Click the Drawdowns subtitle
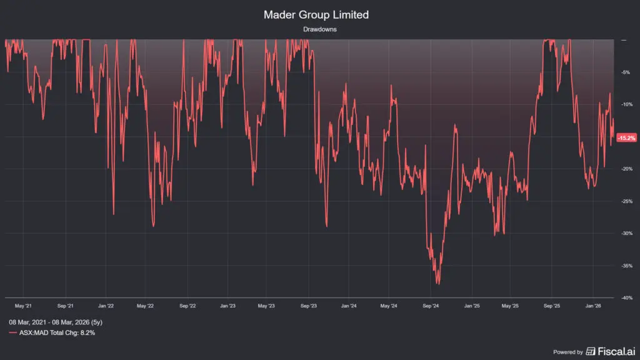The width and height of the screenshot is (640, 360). pyautogui.click(x=320, y=29)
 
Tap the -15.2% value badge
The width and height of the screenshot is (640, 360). pyautogui.click(x=626, y=137)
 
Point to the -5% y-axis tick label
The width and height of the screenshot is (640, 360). pyautogui.click(x=624, y=72)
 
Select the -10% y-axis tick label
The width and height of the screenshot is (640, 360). pyautogui.click(x=624, y=104)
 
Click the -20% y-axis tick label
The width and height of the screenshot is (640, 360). pyautogui.click(x=624, y=169)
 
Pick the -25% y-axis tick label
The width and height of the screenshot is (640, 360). pyautogui.click(x=624, y=201)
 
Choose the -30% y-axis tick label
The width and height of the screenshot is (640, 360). pyautogui.click(x=624, y=233)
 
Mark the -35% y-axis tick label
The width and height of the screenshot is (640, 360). pyautogui.click(x=624, y=266)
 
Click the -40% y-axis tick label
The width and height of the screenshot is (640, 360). pyautogui.click(x=624, y=298)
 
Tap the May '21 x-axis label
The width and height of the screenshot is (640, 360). pyautogui.click(x=23, y=306)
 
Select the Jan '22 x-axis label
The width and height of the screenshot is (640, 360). pyautogui.click(x=106, y=306)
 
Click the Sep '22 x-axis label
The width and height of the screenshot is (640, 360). pyautogui.click(x=187, y=306)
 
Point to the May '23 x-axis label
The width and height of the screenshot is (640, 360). pyautogui.click(x=267, y=306)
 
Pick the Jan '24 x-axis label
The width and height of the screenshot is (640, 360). pyautogui.click(x=349, y=306)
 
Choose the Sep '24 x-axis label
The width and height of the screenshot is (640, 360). pyautogui.click(x=431, y=306)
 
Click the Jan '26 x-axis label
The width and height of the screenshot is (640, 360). pyautogui.click(x=593, y=306)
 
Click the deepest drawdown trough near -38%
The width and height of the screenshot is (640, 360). pyautogui.click(x=437, y=284)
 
